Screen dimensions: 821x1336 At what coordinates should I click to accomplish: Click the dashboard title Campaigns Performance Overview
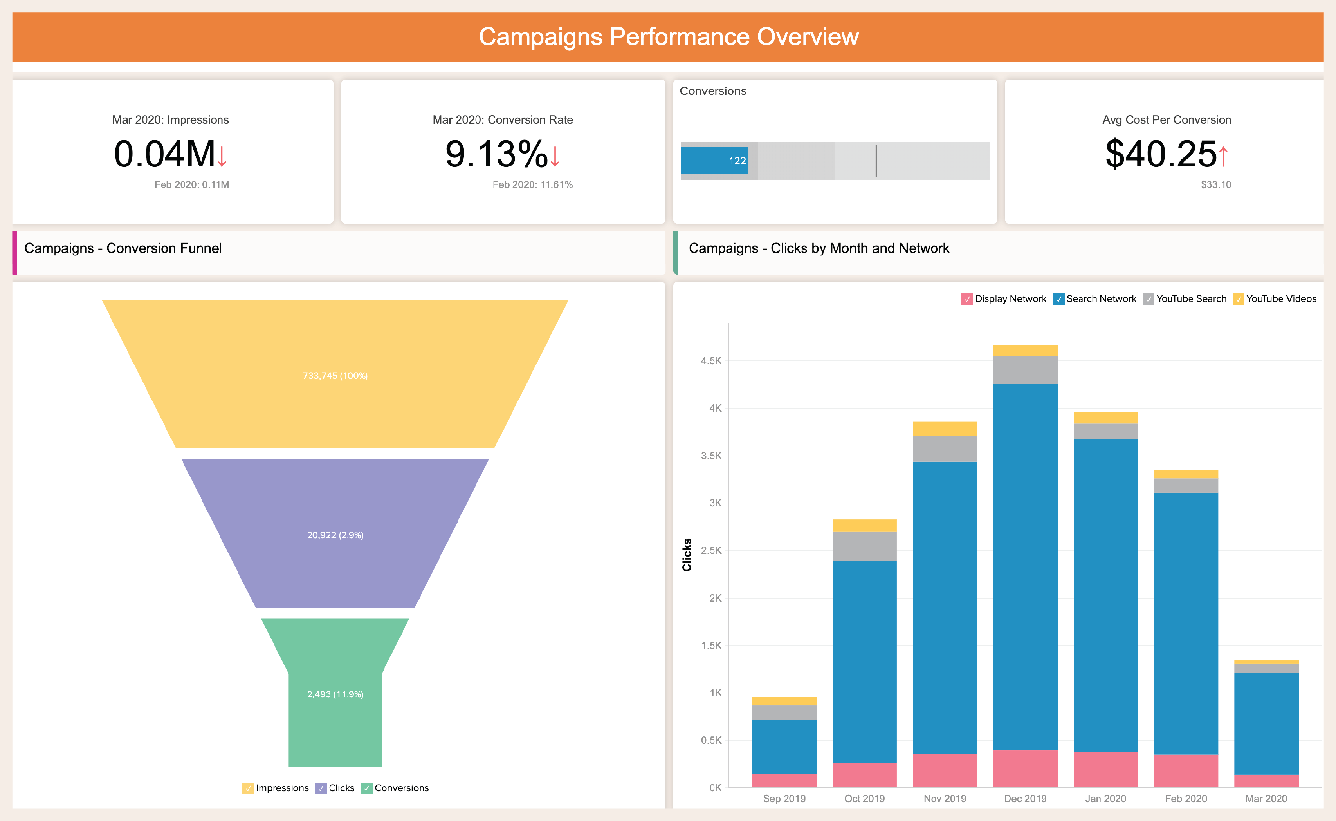[x=668, y=37]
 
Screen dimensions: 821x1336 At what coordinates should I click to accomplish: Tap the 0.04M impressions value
[x=164, y=154]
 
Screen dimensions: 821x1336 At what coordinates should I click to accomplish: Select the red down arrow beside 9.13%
[x=555, y=156]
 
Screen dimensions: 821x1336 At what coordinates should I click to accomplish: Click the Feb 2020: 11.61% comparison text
[x=532, y=184]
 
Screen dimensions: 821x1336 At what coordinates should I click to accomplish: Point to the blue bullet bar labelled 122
[x=714, y=161]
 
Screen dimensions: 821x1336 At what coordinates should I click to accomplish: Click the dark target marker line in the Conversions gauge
[x=876, y=161]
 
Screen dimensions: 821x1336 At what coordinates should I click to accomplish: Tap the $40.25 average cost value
[x=1161, y=154]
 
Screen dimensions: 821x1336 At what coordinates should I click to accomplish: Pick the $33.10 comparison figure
[x=1215, y=184]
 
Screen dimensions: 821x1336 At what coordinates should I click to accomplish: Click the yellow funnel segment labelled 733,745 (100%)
[x=335, y=375]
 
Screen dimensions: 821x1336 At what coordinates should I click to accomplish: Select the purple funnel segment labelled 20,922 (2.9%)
[x=335, y=534]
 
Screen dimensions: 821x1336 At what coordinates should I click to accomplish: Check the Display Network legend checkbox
[x=966, y=299]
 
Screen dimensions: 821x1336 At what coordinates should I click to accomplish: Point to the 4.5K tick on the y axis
[x=711, y=360]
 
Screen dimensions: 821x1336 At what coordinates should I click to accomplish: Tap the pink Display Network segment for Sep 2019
[x=784, y=780]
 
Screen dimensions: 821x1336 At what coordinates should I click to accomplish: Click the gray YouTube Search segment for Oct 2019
[x=864, y=546]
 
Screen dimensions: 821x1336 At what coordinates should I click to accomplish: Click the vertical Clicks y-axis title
[x=687, y=554]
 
